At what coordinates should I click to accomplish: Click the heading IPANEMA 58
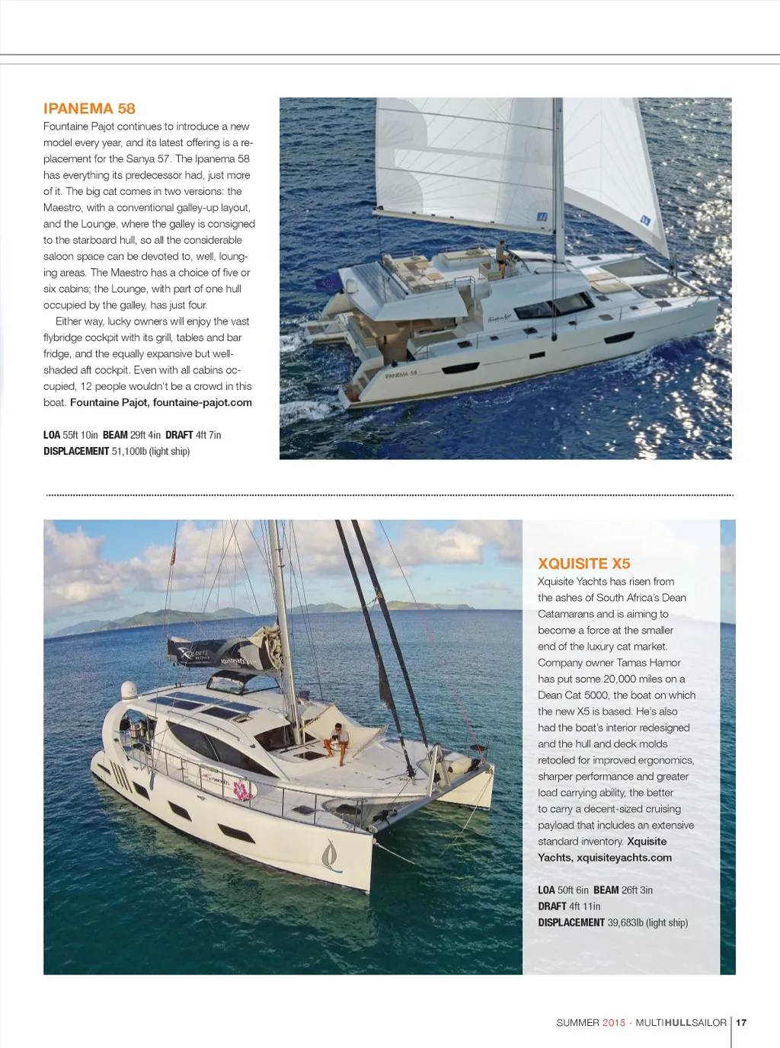pyautogui.click(x=89, y=108)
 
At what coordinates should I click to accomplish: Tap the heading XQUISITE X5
pyautogui.click(x=584, y=564)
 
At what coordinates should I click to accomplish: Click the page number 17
pyautogui.click(x=741, y=1023)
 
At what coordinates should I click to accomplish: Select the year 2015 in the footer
pyautogui.click(x=613, y=1023)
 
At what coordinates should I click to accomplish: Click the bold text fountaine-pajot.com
pyautogui.click(x=202, y=403)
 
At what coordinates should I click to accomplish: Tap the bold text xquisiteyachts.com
pyautogui.click(x=624, y=858)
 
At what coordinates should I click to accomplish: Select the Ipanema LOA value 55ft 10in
pyautogui.click(x=80, y=436)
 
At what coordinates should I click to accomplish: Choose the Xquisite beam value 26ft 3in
pyautogui.click(x=637, y=890)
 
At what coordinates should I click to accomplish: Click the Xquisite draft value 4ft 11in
pyautogui.click(x=584, y=906)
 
